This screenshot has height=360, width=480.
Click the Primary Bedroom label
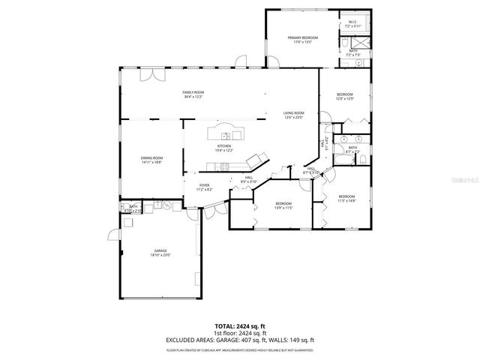(304, 37)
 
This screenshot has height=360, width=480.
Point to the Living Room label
(293, 112)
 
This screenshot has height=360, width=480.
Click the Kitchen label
(223, 146)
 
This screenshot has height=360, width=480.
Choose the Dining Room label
(151, 158)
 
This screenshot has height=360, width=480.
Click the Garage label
(160, 250)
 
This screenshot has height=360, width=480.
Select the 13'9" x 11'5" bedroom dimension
(283, 208)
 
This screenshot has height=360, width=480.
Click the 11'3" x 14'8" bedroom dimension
(346, 200)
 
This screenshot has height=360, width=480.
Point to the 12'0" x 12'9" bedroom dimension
(344, 99)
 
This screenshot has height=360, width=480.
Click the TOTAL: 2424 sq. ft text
(240, 327)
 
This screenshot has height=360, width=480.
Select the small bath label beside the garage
(133, 208)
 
